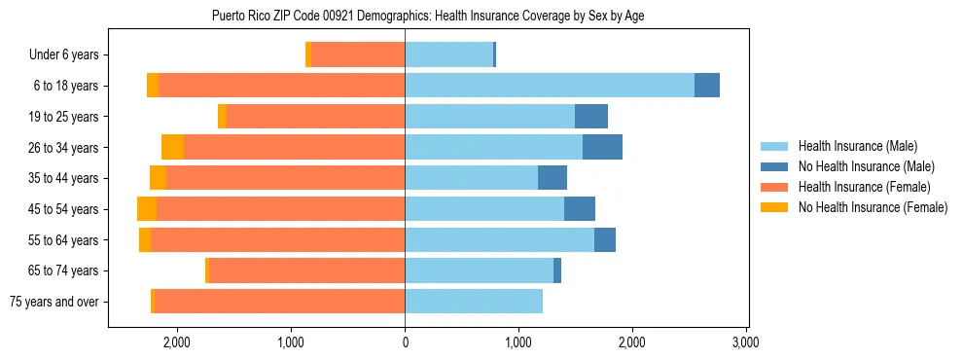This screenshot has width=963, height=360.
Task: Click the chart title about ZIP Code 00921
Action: tap(427, 16)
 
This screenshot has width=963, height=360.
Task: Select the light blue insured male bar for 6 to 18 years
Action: tap(550, 86)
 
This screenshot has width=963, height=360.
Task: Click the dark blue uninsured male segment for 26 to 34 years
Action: tap(602, 147)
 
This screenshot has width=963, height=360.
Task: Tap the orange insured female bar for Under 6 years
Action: tap(358, 55)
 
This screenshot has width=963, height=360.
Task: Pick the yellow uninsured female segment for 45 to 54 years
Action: tap(147, 209)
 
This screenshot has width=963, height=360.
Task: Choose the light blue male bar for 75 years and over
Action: tap(474, 302)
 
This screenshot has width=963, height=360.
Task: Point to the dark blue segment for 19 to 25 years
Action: tap(591, 117)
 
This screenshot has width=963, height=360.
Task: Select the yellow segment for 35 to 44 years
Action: tap(158, 178)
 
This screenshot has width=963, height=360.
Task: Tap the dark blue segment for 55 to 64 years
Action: tap(605, 240)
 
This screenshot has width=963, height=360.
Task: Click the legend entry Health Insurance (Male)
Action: tap(857, 146)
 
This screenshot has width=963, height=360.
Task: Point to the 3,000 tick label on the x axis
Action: tap(745, 343)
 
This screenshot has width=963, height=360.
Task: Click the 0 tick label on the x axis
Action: tap(405, 343)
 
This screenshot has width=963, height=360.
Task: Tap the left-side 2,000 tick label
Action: tap(177, 343)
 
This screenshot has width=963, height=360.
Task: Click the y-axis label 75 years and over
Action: tap(53, 302)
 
